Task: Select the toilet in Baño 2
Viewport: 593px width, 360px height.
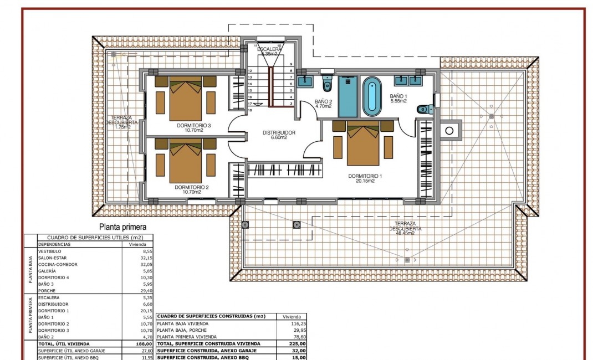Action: (327, 85)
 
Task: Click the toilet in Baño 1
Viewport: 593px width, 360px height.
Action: (424, 109)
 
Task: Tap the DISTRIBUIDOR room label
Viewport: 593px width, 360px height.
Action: (279, 133)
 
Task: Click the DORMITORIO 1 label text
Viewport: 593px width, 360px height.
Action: (365, 176)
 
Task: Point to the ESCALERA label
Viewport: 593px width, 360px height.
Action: (270, 49)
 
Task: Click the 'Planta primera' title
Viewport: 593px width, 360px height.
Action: (122, 227)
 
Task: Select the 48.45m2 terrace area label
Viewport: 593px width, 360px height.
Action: (405, 233)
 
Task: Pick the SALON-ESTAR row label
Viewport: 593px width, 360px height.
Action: (52, 258)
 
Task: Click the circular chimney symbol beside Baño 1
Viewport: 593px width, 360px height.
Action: (449, 131)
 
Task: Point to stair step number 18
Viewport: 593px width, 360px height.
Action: (250, 110)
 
